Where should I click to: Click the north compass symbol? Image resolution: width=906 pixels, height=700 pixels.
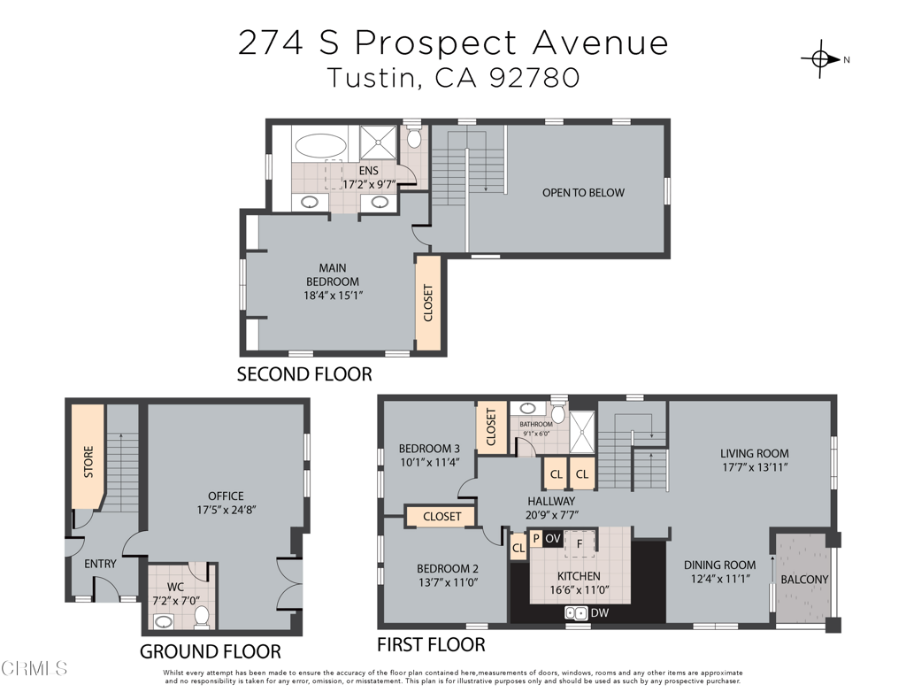(x=820, y=59)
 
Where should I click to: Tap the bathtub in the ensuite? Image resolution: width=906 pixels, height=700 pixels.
(x=323, y=145)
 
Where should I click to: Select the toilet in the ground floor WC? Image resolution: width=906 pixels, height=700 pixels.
(x=201, y=615)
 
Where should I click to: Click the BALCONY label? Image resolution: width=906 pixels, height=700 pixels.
(x=804, y=580)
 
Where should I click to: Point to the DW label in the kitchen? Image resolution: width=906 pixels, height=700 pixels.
(x=599, y=612)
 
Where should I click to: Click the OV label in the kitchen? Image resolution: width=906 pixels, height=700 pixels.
(x=552, y=538)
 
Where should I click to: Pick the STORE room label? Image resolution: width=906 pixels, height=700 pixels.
(x=88, y=463)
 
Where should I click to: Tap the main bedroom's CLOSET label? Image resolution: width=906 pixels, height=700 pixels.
(x=428, y=303)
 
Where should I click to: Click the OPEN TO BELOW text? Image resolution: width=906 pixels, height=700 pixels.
(x=583, y=192)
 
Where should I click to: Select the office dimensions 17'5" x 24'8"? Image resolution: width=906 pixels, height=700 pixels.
(x=226, y=510)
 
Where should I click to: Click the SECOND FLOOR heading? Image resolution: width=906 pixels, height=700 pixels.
(x=304, y=374)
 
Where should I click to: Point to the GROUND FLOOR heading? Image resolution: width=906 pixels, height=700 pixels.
(x=211, y=652)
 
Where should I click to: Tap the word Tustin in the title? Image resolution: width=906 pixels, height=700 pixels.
(x=372, y=78)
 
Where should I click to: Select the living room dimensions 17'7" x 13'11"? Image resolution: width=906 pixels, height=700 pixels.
(x=754, y=466)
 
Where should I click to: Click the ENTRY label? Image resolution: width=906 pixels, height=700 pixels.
(x=100, y=564)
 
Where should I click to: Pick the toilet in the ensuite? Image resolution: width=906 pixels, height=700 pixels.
(x=414, y=139)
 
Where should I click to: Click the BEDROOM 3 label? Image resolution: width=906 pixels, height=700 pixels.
(x=429, y=447)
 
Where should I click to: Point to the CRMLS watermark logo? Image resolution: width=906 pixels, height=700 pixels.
(x=35, y=668)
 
